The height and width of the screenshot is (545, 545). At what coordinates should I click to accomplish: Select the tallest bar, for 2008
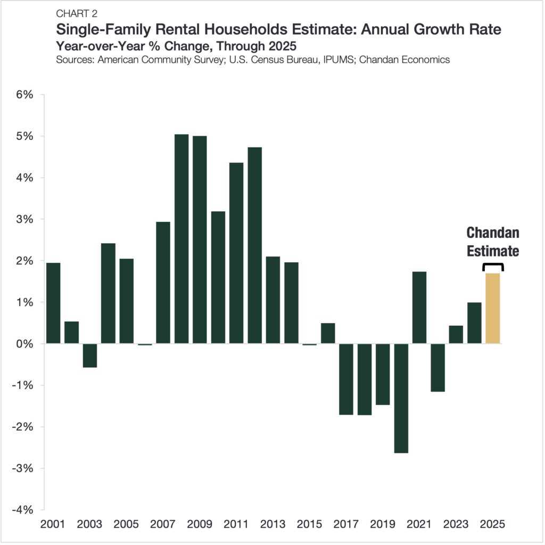(181, 240)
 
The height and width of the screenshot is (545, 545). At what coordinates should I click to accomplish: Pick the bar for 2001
(53, 303)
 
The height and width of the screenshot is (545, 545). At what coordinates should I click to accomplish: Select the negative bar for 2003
(90, 355)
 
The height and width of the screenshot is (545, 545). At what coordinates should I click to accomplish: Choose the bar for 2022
(437, 367)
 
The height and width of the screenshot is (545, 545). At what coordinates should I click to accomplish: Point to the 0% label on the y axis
(24, 344)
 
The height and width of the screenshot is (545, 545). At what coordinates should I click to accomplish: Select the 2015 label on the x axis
(310, 524)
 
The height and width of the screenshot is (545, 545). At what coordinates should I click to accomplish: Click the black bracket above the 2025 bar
(492, 265)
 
